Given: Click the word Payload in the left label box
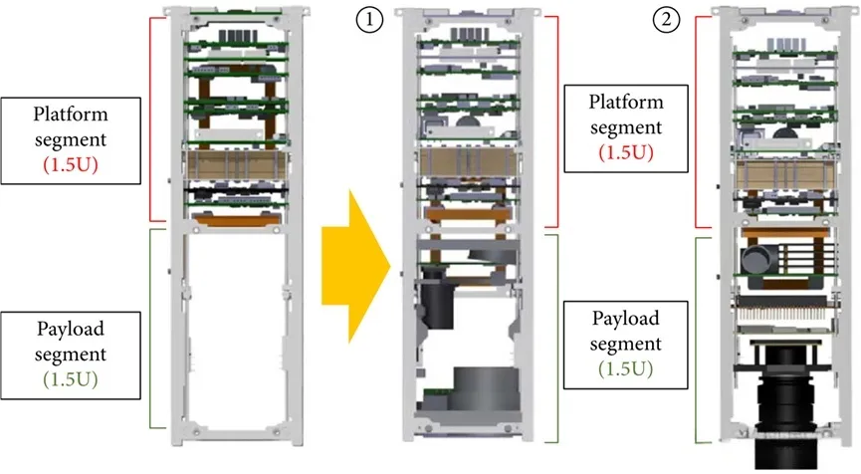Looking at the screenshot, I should point(77,329).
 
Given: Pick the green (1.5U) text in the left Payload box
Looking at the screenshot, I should point(77,379).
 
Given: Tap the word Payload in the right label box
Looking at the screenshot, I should point(624,319).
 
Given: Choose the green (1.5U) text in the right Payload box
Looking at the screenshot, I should point(624,369).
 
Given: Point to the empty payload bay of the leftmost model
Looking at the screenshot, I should point(230,329).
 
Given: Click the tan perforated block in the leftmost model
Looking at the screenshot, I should point(230,163).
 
